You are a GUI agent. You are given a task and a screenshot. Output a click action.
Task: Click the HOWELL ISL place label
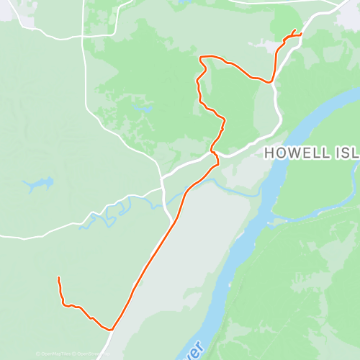click(x=310, y=152)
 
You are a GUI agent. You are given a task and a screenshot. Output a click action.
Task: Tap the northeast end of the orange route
click(x=295, y=30)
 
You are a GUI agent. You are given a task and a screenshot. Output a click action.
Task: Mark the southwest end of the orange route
click(x=58, y=278)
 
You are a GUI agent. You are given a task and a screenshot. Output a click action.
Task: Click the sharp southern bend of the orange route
click(x=112, y=329)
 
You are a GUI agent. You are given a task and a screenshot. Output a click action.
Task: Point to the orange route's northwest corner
click(x=201, y=57)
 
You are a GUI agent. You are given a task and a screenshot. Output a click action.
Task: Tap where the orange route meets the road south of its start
click(x=271, y=81)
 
